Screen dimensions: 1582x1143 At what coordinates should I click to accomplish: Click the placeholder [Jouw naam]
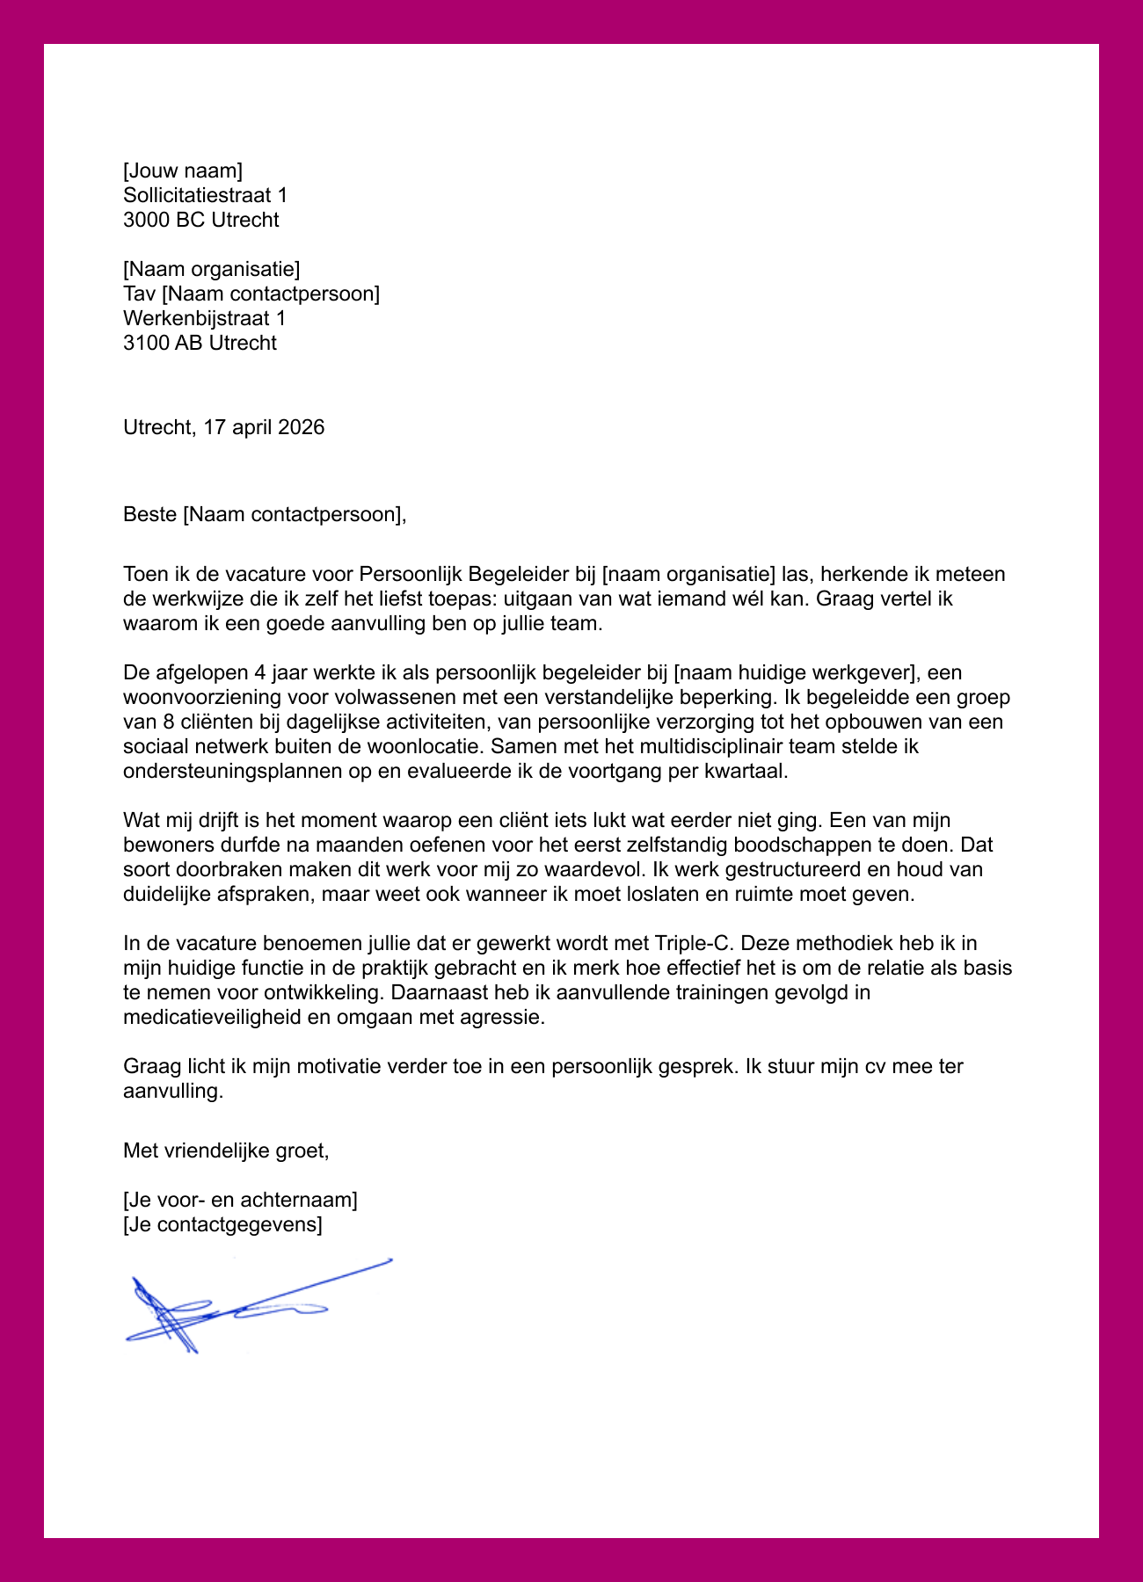tap(183, 171)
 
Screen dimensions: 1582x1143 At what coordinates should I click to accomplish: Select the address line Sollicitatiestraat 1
tap(205, 195)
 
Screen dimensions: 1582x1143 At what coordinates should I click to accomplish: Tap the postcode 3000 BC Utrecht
tap(200, 220)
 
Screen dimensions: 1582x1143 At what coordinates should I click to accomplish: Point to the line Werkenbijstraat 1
tap(204, 318)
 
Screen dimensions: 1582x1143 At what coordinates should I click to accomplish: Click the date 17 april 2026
tap(264, 427)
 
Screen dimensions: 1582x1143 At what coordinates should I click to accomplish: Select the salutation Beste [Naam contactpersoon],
tap(265, 514)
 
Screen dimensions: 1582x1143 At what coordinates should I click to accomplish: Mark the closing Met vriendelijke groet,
tap(226, 1150)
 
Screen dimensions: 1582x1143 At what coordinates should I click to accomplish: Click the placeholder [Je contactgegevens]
tap(222, 1224)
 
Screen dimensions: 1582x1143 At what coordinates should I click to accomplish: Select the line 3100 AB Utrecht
tap(200, 343)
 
